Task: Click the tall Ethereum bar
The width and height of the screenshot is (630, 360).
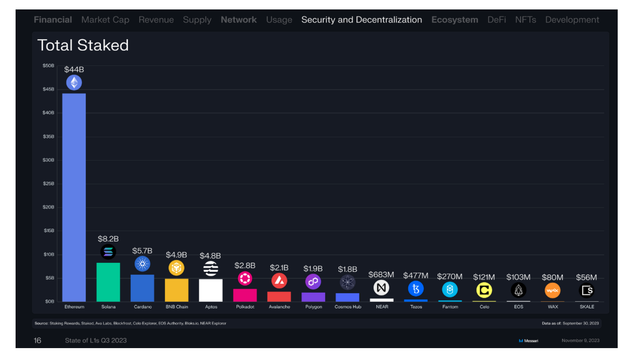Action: [x=74, y=198]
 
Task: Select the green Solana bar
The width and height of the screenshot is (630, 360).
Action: [x=108, y=282]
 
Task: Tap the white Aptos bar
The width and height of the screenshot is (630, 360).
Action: [x=211, y=290]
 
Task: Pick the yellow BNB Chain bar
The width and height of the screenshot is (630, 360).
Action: [x=177, y=290]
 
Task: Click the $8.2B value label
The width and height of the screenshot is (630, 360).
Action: [x=108, y=239]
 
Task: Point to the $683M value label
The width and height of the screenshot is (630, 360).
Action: [x=381, y=274]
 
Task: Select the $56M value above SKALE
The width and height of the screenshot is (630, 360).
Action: [x=587, y=277]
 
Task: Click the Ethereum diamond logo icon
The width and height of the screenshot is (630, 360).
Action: [x=74, y=82]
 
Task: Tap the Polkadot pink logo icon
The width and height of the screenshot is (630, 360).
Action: [x=245, y=279]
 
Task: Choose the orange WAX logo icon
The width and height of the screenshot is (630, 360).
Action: [x=552, y=291]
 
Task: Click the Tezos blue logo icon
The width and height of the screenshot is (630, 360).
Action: [x=415, y=289]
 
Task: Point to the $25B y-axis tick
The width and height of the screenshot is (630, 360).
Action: [x=48, y=184]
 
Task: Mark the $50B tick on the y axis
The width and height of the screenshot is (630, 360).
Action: [x=48, y=66]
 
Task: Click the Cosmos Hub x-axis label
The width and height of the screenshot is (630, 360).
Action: [x=348, y=307]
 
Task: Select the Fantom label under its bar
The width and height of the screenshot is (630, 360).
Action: [x=450, y=307]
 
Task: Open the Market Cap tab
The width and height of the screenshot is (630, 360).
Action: [x=105, y=20]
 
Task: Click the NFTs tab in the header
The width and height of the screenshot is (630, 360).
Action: [x=525, y=20]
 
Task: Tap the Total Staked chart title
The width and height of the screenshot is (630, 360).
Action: [x=83, y=45]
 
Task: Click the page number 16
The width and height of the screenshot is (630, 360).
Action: [x=37, y=341]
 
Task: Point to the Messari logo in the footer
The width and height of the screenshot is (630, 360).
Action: [x=528, y=341]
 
